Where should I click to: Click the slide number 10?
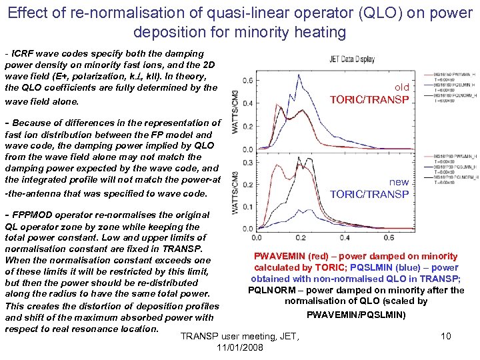[x=446, y=336]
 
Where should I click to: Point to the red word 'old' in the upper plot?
[x=401, y=87]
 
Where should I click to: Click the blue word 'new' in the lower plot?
[x=399, y=182]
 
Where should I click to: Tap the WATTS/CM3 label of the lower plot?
[x=235, y=193]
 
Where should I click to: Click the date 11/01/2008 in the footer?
[x=240, y=348]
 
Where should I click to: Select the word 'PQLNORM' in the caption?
[x=271, y=290]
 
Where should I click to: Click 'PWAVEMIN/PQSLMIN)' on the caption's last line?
[x=356, y=314]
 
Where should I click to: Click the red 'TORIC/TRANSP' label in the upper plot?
[x=370, y=100]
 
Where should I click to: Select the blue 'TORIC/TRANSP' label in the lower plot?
[x=370, y=195]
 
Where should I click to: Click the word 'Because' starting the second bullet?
[x=31, y=123]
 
